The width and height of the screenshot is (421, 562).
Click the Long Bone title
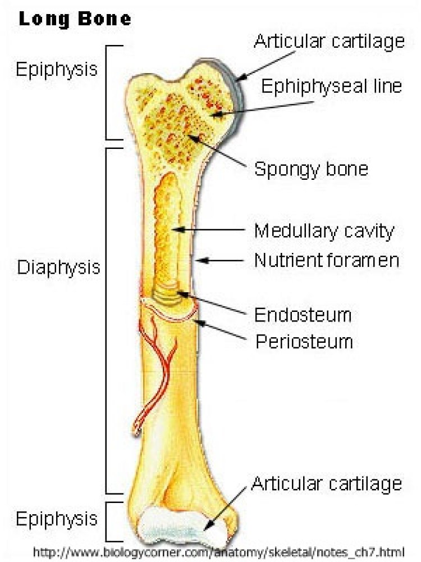tap(75, 19)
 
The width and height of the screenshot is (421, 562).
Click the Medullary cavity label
tap(324, 231)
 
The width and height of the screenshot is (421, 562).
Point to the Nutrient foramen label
tap(327, 260)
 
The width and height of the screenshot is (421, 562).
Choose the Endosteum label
tap(303, 315)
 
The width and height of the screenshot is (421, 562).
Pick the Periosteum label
tap(304, 342)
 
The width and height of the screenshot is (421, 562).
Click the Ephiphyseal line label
tap(332, 87)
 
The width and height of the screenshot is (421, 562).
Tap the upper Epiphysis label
tap(57, 70)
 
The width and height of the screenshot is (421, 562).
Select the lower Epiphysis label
tap(57, 519)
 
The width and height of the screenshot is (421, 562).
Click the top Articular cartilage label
tap(329, 42)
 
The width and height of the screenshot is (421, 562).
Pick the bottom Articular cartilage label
tap(327, 484)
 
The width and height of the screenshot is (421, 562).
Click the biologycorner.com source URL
tap(219, 552)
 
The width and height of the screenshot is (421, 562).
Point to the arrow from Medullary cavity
tap(209, 229)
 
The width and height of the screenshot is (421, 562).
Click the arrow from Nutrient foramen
tap(221, 261)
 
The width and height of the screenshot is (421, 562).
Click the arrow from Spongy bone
tap(217, 151)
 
